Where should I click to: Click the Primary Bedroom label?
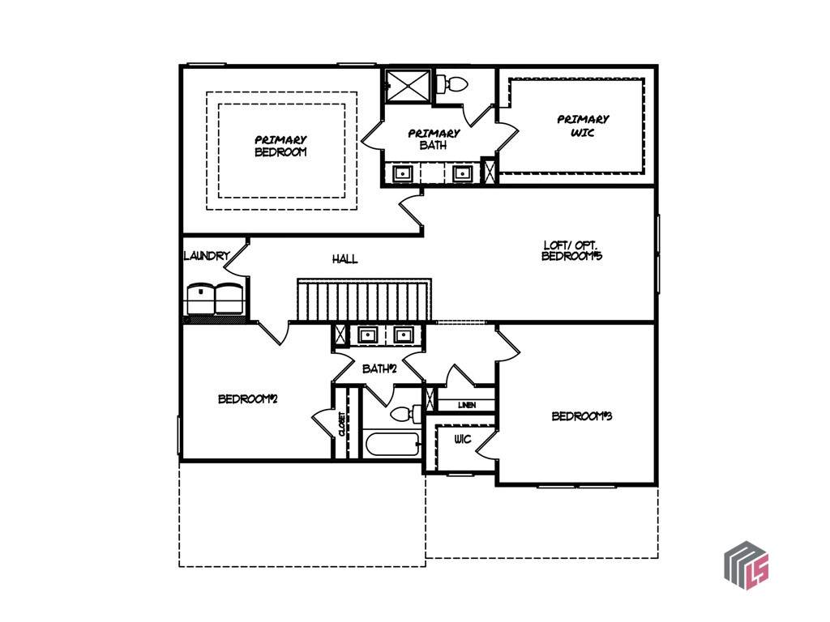pos(280,146)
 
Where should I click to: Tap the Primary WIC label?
pos(583,126)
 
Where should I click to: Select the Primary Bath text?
pos(434,139)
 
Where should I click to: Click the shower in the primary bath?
pos(408,86)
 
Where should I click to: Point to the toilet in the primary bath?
pos(452,83)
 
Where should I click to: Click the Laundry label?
pos(207,256)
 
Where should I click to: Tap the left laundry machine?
pos(201,299)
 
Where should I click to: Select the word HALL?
pos(344,259)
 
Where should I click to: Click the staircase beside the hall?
pos(364,300)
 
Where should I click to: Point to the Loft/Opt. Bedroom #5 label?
pos(571,251)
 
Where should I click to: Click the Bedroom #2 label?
pos(248,398)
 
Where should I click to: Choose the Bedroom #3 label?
pos(582,416)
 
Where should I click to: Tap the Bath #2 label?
pos(379,369)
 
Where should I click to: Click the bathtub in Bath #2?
pos(391,445)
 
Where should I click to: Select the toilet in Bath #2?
pos(406,413)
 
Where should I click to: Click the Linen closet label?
pos(467,405)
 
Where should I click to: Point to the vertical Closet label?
pos(342,424)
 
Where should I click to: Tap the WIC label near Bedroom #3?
pos(463,440)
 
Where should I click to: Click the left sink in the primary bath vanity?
pos(403,173)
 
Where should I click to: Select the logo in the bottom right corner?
pos(747,565)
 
